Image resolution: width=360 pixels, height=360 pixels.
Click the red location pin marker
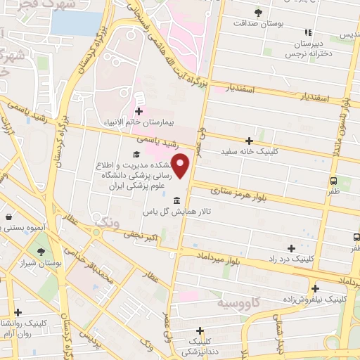181,166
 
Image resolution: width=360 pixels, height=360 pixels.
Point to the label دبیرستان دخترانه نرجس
307,47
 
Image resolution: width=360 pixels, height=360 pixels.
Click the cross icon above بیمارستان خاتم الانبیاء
139,111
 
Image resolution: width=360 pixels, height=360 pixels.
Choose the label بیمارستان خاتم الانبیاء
139,122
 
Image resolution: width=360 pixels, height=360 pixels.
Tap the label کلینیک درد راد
292,259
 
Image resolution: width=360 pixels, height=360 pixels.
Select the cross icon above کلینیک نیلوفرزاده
315,288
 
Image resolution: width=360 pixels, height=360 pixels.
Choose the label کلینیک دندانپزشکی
200,346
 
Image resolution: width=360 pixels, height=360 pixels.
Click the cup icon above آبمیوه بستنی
7,217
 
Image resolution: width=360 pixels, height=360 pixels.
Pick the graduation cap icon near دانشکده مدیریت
135,153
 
